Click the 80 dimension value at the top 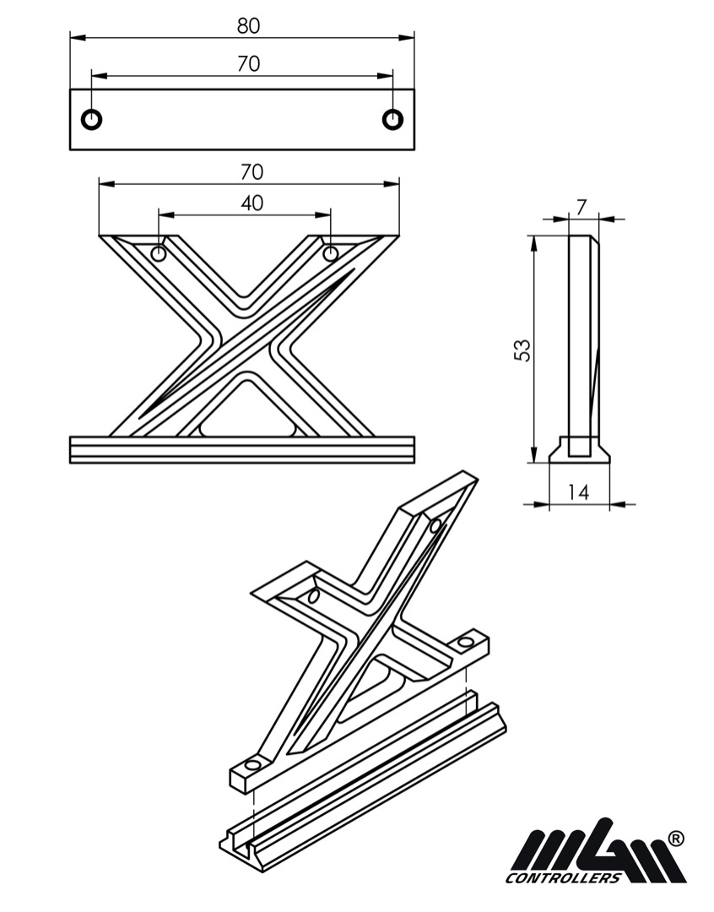pos(248,26)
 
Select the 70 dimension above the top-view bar pos(248,63)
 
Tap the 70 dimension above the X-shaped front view pos(252,172)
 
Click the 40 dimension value pos(252,203)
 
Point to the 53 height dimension pos(523,350)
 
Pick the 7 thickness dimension pos(582,207)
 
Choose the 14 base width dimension pos(578,492)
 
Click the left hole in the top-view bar pos(92,119)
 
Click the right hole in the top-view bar pos(393,119)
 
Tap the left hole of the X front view pos(158,253)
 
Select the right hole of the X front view pos(330,253)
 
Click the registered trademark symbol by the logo pos(676,839)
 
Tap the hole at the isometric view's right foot pos(467,642)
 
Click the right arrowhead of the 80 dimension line pos(407,38)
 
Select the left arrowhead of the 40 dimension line pos(166,215)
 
